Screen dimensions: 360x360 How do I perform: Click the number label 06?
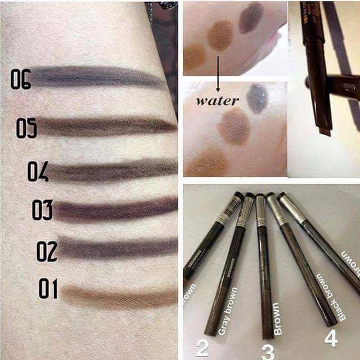[20, 79]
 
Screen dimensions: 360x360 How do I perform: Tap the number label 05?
[26, 128]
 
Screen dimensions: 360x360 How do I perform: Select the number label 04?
[38, 172]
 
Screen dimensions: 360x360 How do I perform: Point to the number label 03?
[42, 210]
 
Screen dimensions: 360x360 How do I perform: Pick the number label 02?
[47, 251]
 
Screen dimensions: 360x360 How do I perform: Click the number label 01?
[48, 289]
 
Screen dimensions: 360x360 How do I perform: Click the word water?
[218, 102]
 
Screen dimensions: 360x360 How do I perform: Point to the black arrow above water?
[218, 73]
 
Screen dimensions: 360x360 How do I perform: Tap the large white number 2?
[202, 346]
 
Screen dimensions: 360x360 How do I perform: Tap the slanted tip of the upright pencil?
[324, 131]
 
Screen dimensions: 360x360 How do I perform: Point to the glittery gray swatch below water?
[258, 98]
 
